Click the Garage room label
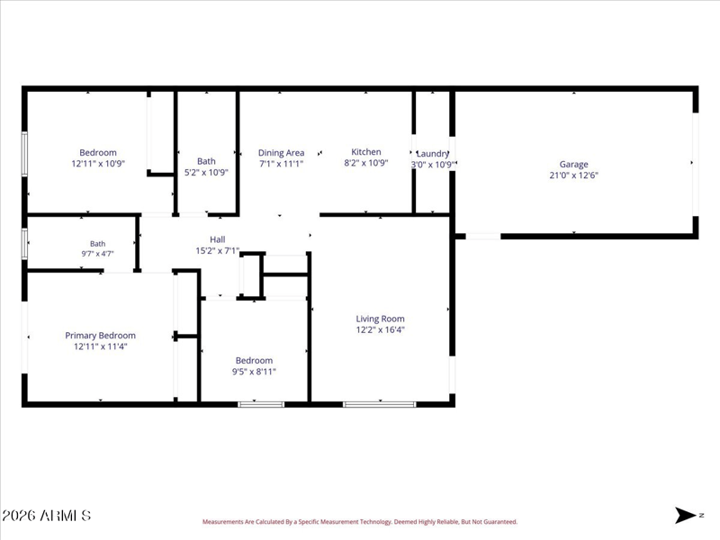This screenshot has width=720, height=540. (x=573, y=164)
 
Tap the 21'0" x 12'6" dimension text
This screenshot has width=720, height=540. (x=573, y=175)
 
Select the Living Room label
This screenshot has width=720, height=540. (x=380, y=319)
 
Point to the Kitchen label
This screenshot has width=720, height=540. (x=366, y=151)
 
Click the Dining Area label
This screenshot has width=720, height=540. (x=281, y=153)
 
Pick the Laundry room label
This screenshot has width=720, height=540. (x=433, y=154)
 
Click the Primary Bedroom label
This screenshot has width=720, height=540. (x=100, y=336)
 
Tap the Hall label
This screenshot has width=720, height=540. (x=218, y=239)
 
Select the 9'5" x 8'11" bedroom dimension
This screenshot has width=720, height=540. (x=254, y=372)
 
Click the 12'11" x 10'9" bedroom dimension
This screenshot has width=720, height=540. (x=98, y=164)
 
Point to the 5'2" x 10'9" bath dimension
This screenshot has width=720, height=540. (x=206, y=172)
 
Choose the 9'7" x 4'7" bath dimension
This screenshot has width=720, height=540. (x=97, y=254)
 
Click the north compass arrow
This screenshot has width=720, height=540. (x=686, y=515)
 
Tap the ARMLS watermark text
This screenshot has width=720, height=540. (x=46, y=516)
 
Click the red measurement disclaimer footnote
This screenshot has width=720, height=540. (x=360, y=522)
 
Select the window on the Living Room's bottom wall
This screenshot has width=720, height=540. (x=379, y=404)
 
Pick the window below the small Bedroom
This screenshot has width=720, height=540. (x=261, y=404)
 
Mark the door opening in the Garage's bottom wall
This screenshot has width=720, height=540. (x=483, y=237)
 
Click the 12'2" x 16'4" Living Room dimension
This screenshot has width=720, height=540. (x=380, y=329)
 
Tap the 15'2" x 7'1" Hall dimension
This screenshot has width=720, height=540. (x=218, y=251)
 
